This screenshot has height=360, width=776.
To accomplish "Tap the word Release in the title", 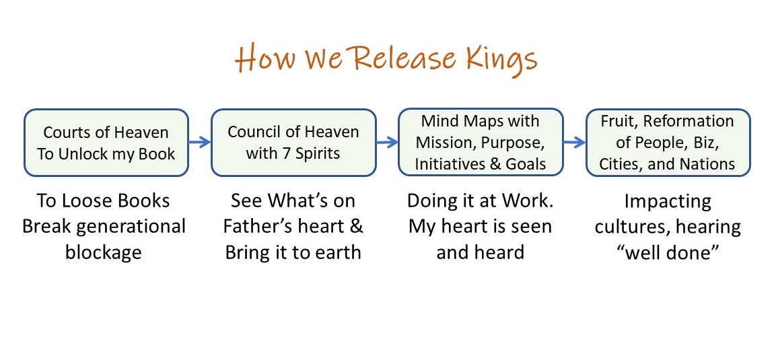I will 397,59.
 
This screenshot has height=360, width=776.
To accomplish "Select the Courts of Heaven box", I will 106,143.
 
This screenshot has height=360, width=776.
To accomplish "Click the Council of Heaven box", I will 293,143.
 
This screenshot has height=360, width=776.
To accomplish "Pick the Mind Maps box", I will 480,143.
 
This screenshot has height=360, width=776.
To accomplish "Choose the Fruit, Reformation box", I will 667,143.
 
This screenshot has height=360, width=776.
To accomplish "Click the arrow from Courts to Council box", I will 199,143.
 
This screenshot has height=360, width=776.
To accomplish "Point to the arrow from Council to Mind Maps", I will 386,143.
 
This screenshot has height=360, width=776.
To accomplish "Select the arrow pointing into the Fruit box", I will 573,143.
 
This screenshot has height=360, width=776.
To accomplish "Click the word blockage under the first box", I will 104,252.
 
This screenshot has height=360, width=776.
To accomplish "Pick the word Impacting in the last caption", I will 667,201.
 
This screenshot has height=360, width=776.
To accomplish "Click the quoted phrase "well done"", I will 667,252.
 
